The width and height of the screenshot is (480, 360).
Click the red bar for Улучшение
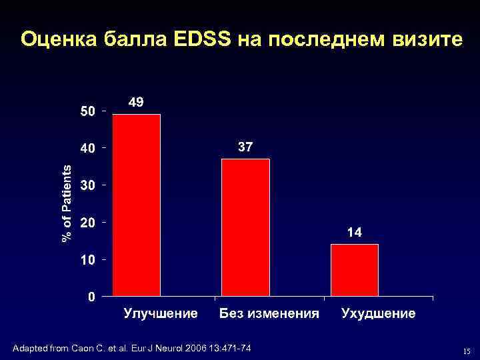pos(137,205)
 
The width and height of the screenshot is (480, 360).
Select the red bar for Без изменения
pos(245,227)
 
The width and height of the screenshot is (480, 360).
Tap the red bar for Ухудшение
pos(354,269)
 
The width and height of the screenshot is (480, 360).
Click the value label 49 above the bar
pos(135,102)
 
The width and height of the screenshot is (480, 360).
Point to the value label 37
pos(245,147)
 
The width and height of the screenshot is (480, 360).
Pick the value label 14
pos(354,233)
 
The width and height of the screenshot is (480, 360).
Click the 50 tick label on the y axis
pos(87,111)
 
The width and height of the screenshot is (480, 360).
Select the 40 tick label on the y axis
pos(87,149)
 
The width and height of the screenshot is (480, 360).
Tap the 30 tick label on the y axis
pos(87,186)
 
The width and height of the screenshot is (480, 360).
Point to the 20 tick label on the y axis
pos(87,223)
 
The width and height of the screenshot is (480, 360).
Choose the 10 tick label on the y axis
pos(87,260)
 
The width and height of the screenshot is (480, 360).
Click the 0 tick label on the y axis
pos(91,297)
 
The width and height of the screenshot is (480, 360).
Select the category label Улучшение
pos(161,313)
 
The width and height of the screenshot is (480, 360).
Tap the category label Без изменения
pos(269,313)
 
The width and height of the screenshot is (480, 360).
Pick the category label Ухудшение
pos(378,313)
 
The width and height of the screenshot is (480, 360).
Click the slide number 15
pos(467,351)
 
